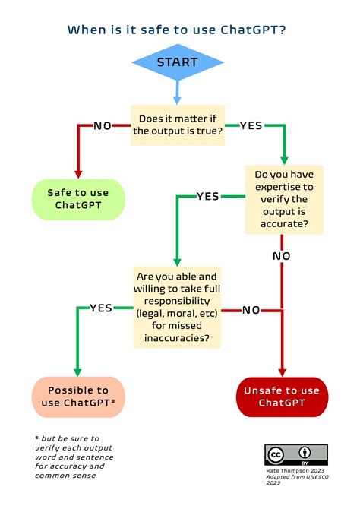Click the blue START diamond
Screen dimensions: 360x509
pyautogui.click(x=178, y=62)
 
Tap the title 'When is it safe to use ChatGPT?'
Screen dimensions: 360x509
pyautogui.click(x=177, y=30)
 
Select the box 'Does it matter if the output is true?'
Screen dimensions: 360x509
pyautogui.click(x=178, y=125)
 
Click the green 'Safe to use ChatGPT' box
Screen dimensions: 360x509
pyautogui.click(x=78, y=199)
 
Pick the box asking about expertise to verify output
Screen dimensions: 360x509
pyautogui.click(x=284, y=199)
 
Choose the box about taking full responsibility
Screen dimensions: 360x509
pyautogui.click(x=177, y=308)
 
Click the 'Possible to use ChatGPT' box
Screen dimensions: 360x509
pyautogui.click(x=78, y=397)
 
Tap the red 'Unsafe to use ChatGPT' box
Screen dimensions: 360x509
pyautogui.click(x=282, y=397)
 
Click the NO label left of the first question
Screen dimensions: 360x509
pyautogui.click(x=103, y=125)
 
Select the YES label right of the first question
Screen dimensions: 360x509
pyautogui.click(x=251, y=125)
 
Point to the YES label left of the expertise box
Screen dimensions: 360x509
pyautogui.click(x=208, y=197)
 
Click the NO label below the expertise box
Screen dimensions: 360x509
pyautogui.click(x=282, y=256)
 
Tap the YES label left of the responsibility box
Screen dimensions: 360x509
pyautogui.click(x=101, y=308)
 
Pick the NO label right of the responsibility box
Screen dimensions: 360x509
pyautogui.click(x=251, y=310)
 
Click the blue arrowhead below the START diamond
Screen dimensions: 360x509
pyautogui.click(x=177, y=100)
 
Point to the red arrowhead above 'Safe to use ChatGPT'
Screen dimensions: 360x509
pyautogui.click(x=78, y=174)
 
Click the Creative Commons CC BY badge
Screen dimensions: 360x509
pyautogui.click(x=296, y=455)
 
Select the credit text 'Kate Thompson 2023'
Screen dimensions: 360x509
pyautogui.click(x=295, y=471)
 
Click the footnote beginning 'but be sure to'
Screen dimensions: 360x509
pyautogui.click(x=74, y=457)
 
